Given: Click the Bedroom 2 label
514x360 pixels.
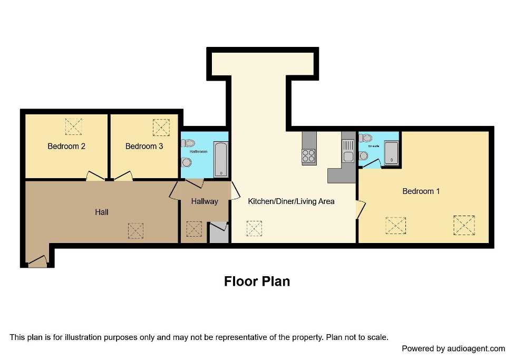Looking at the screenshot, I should tap(66, 146).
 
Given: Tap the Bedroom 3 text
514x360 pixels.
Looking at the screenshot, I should tap(144, 146).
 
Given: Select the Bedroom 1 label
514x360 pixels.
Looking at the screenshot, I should tap(421, 191).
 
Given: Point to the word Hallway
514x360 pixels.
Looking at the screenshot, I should tap(205, 201).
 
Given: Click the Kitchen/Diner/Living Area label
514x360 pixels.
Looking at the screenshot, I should tap(291, 201).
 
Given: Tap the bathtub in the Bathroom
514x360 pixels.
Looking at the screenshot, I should tap(220, 159).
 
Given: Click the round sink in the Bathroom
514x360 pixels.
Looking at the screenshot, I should tap(186, 162).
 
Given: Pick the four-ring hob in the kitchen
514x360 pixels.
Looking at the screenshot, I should tap(309, 156).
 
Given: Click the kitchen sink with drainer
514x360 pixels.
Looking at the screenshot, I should tap(348, 150).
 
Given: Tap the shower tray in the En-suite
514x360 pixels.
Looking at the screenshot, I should tap(391, 153).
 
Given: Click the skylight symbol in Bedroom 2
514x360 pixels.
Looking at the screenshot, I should tap(73, 127).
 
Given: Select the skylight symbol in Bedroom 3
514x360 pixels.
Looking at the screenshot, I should tap(161, 127).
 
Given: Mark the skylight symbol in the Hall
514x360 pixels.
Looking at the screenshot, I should tap(135, 230).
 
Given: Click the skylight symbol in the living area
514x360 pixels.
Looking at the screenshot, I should tap(254, 228).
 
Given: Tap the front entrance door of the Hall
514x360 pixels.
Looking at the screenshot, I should tap(37, 261).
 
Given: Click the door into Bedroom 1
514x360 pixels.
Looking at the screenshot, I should tap(360, 209).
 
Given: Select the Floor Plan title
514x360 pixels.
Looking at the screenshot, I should tap(257, 281).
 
